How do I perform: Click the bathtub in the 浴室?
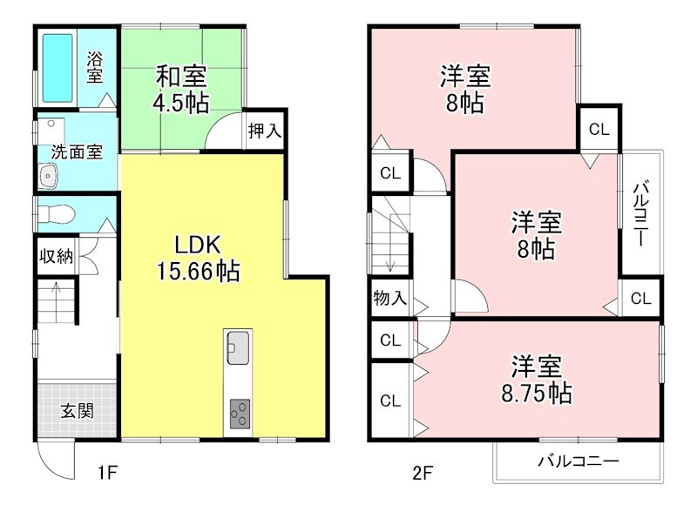pos(58,65)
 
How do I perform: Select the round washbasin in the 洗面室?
pos(47,178)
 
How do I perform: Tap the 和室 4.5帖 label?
pos(180,88)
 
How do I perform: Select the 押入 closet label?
pos(264,131)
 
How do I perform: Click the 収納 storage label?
pos(57,257)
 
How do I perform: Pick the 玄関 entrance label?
pos(77,412)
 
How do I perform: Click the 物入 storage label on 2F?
pos(389,298)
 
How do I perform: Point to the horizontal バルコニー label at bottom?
pos(577,461)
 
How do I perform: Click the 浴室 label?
pos(93,68)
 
